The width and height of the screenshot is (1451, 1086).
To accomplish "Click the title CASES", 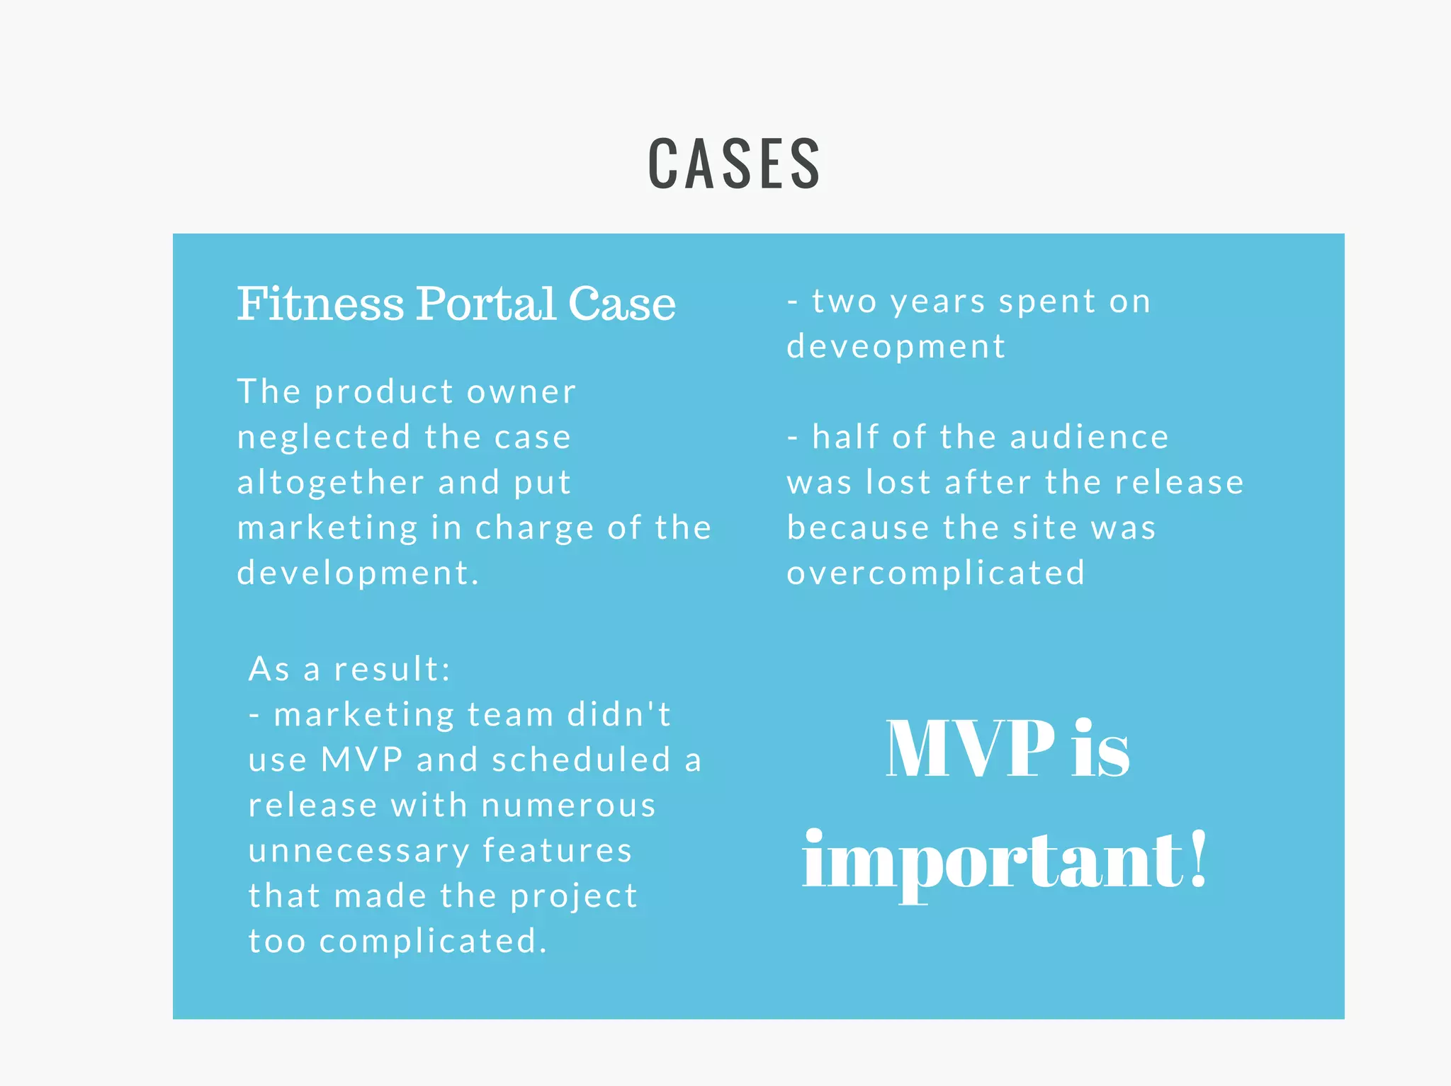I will point(734,164).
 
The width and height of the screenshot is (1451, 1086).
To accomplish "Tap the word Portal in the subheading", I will point(485,304).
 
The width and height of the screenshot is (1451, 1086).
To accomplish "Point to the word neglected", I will point(324,438).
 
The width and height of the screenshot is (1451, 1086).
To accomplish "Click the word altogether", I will point(330,483).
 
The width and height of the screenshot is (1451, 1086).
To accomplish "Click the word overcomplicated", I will point(935,573).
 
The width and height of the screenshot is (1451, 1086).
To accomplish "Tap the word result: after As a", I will point(392,669).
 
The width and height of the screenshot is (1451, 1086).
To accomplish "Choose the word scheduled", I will point(581,760).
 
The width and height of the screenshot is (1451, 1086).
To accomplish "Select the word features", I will point(557,850).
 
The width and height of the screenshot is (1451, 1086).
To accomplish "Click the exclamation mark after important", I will point(1197,858).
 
